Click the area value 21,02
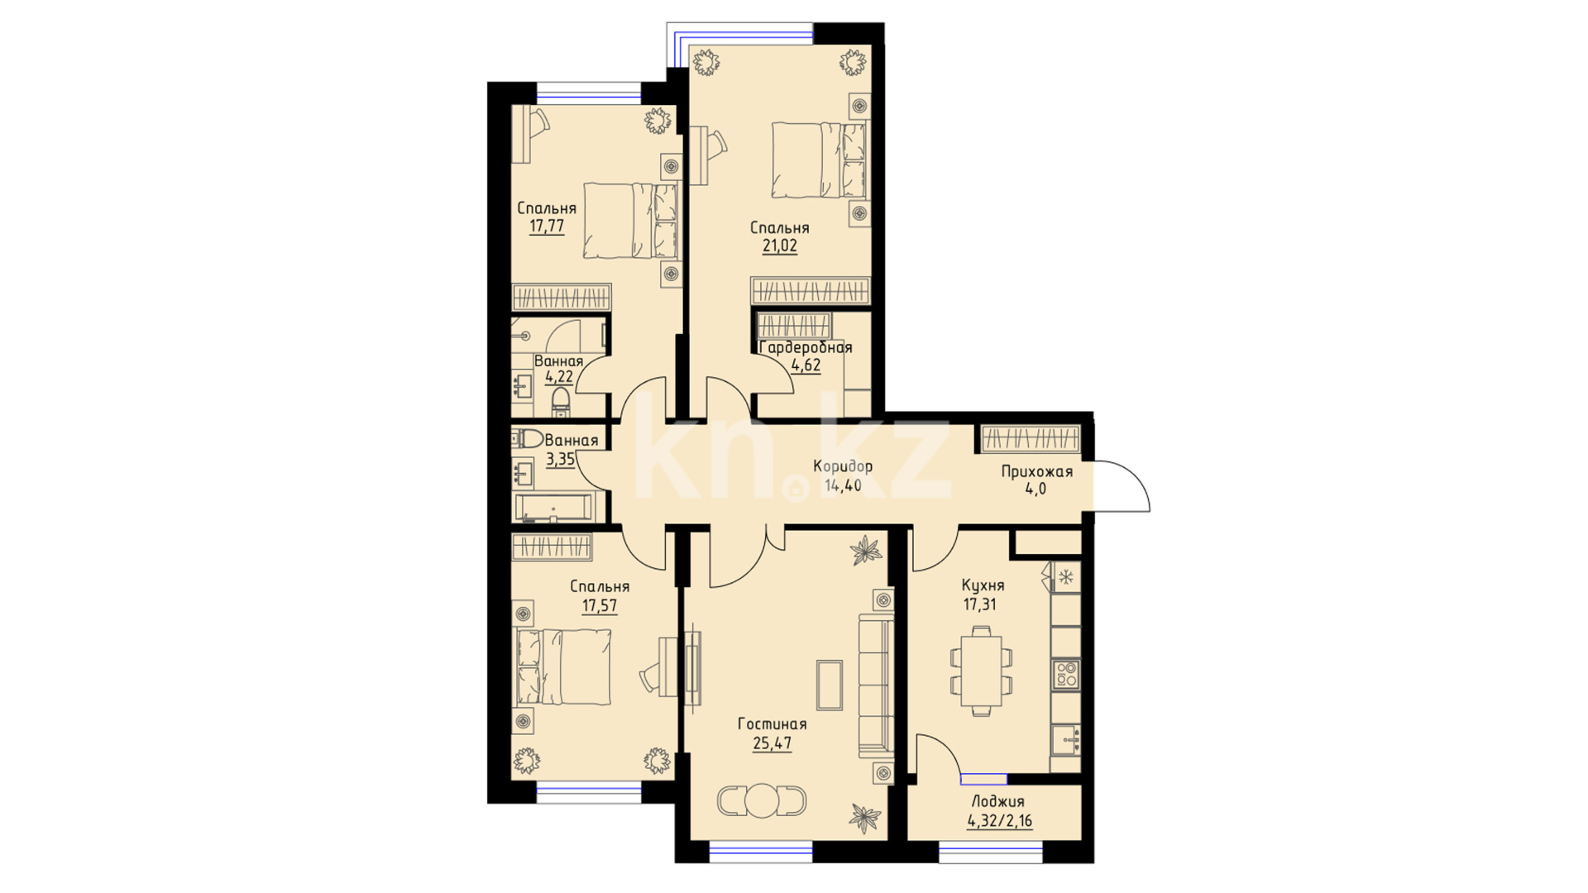tap(779, 246)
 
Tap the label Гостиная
tap(772, 724)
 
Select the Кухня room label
tap(983, 585)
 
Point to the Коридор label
tap(842, 466)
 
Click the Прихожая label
tap(1036, 472)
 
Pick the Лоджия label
tap(997, 801)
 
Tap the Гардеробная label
tap(806, 347)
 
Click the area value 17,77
tap(547, 227)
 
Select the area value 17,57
tap(599, 606)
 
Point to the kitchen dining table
tap(981, 671)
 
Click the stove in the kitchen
tap(1066, 673)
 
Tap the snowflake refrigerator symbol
tap(1066, 576)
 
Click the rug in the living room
tap(830, 685)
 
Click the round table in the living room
tap(761, 800)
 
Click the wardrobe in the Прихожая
tap(1031, 438)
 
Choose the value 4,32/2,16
tap(999, 821)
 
